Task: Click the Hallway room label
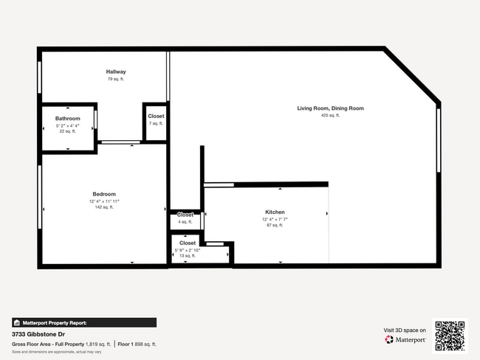117,72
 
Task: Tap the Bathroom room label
68,118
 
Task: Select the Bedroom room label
103,194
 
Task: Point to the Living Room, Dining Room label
330,108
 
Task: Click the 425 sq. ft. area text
330,116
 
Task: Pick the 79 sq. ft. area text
117,79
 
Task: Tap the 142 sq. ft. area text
103,207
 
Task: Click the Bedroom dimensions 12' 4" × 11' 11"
103,201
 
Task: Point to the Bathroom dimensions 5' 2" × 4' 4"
68,125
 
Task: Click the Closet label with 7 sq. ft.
157,117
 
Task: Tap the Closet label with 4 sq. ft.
185,215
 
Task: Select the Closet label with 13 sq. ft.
188,243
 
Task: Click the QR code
450,336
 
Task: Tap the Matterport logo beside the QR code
405,340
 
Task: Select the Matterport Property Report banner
84,322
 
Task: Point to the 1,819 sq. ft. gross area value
97,344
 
